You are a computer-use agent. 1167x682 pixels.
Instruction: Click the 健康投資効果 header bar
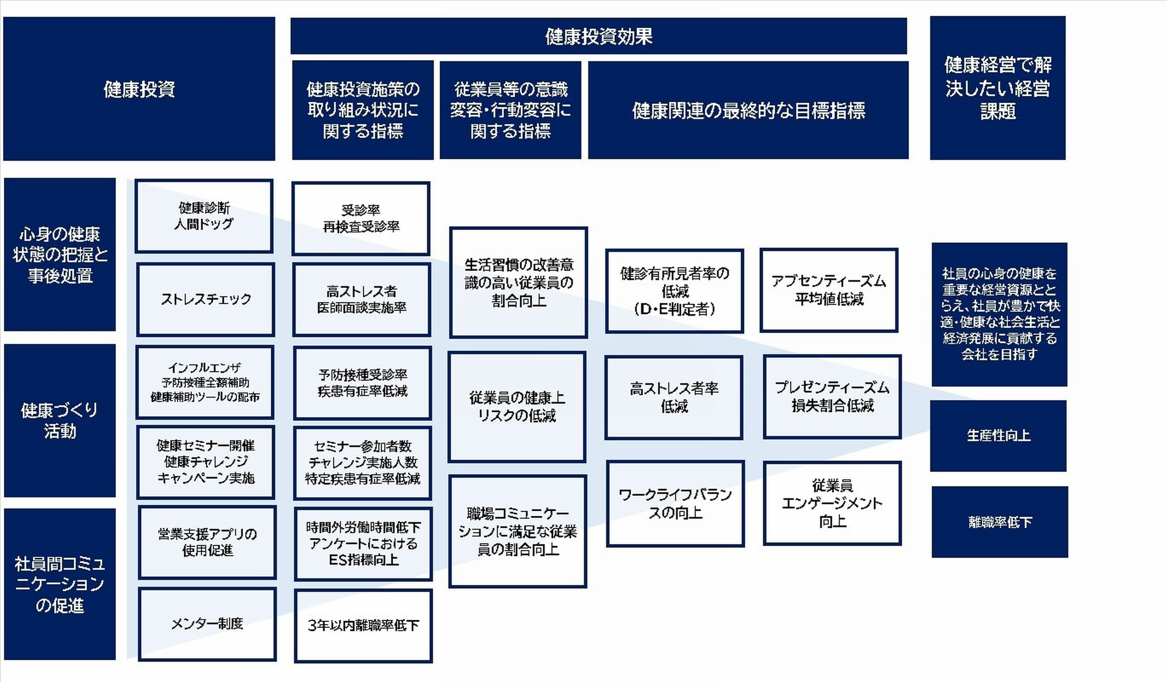[x=598, y=36]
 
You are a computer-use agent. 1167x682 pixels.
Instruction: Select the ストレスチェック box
[x=205, y=299]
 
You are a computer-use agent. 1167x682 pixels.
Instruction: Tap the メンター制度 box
[x=207, y=624]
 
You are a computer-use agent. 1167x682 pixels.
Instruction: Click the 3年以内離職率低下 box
[x=363, y=625]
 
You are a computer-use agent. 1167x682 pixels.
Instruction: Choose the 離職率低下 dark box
[x=999, y=522]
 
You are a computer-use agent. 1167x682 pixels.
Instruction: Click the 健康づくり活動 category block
[x=60, y=420]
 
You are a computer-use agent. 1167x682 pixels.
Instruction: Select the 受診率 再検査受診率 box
[x=361, y=218]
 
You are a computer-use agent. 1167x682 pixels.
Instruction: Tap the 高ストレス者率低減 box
[x=674, y=397]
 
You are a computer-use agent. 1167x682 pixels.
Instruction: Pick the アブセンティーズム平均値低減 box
[x=829, y=290]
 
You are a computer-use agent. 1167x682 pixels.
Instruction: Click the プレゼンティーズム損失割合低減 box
[x=832, y=396]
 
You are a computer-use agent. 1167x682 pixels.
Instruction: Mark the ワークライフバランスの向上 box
[x=675, y=503]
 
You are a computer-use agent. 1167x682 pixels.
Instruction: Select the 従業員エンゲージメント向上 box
[x=832, y=503]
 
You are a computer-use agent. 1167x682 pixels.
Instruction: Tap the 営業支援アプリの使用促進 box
[x=208, y=542]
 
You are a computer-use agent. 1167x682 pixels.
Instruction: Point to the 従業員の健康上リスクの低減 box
[x=517, y=407]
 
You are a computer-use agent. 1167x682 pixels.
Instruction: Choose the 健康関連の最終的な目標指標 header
[x=748, y=110]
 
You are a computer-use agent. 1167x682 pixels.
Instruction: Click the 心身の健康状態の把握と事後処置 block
[x=60, y=255]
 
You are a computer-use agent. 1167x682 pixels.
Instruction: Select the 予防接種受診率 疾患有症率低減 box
[x=363, y=383]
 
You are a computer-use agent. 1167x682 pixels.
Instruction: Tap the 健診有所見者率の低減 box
[x=674, y=291]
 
